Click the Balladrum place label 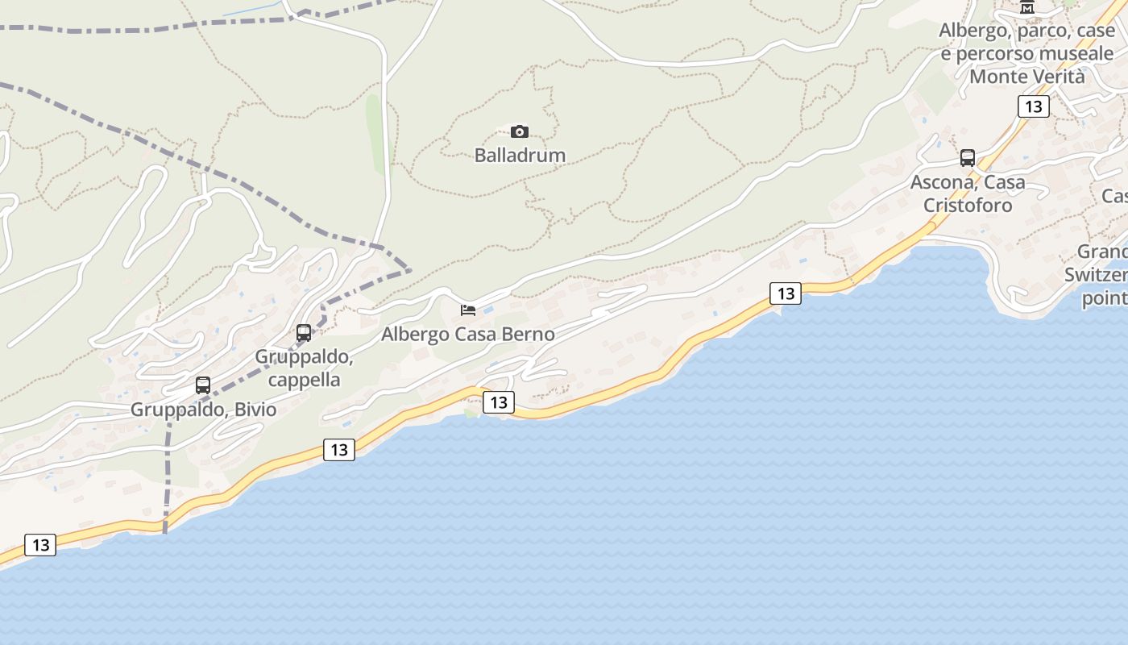pos(520,155)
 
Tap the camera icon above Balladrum pos(520,131)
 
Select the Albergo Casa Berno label pos(467,334)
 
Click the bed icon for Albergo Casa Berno pos(468,310)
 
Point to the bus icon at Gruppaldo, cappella pos(304,332)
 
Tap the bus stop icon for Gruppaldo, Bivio pos(203,385)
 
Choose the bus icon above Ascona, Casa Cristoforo pos(968,158)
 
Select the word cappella pos(305,380)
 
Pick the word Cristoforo pos(968,206)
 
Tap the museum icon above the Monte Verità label pos(1027,7)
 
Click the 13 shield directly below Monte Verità pos(1033,106)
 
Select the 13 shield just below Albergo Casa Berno pos(499,402)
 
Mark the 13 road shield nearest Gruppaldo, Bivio pos(339,449)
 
